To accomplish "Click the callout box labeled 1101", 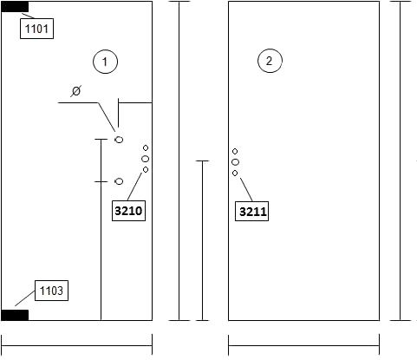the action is click(36, 29).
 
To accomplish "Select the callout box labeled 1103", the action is click(51, 291).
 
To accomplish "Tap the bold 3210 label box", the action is click(128, 211).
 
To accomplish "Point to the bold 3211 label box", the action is click(251, 212).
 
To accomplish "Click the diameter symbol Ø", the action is click(76, 91).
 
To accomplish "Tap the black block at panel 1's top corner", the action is click(15, 7).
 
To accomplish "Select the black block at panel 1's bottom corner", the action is click(15, 315).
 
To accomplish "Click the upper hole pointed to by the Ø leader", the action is click(119, 140).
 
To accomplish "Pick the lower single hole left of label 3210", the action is click(119, 181).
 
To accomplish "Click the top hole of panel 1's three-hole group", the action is click(146, 147).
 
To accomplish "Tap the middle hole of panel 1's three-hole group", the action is click(146, 159).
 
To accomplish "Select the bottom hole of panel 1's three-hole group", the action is click(146, 170).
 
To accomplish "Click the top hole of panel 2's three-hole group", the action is click(235, 151).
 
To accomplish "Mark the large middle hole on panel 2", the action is click(235, 162).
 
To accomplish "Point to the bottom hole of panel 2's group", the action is click(235, 173).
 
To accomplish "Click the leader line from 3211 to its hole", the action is click(246, 190).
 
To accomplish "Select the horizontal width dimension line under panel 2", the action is click(303, 345).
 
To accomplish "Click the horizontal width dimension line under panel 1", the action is click(77, 345).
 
